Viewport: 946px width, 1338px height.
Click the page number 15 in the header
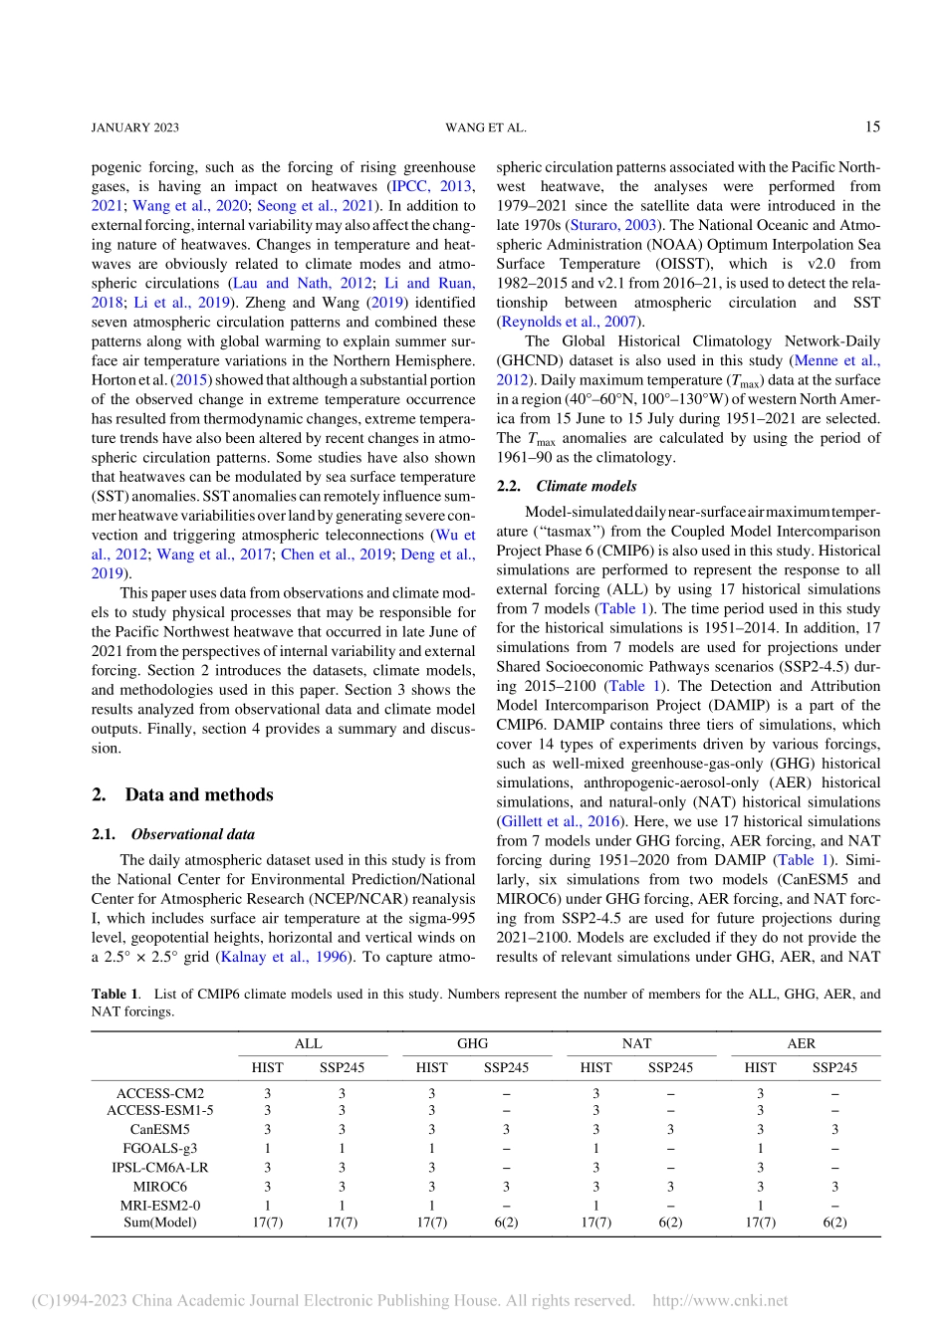point(871,126)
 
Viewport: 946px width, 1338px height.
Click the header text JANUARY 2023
point(134,127)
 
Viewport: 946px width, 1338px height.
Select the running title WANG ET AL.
point(485,127)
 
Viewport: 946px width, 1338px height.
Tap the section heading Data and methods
point(198,794)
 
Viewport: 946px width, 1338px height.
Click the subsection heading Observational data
point(192,834)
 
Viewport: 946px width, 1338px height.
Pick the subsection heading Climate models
point(586,486)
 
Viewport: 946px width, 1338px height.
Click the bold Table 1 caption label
point(115,994)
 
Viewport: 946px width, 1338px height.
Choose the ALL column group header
point(308,1043)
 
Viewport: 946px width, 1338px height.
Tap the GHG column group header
point(472,1043)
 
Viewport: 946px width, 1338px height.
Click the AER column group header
point(801,1043)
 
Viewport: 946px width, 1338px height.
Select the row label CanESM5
point(159,1129)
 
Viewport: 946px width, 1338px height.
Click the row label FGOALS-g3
point(159,1148)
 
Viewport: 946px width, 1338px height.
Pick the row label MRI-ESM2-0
point(159,1205)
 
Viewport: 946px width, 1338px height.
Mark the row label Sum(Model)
point(159,1222)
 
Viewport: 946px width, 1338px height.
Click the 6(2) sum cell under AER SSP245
point(834,1222)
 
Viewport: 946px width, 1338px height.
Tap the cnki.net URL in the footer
point(719,1300)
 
